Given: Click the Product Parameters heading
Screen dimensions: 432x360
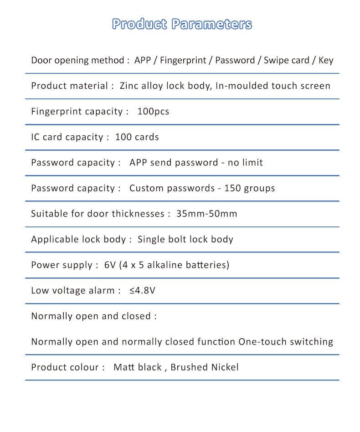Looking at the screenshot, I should pyautogui.click(x=182, y=24).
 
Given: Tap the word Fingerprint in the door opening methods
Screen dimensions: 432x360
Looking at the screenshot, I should pyautogui.click(x=184, y=61).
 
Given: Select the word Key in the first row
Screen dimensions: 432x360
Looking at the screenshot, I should pyautogui.click(x=326, y=61).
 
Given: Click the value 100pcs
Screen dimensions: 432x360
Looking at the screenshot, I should pyautogui.click(x=153, y=112).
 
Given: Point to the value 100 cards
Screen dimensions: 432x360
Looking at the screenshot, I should pyautogui.click(x=137, y=137).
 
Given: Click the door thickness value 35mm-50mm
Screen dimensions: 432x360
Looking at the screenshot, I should pyautogui.click(x=206, y=214).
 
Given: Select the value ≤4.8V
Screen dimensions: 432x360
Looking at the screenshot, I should pyautogui.click(x=142, y=290).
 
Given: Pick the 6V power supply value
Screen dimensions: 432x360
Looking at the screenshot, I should pyautogui.click(x=110, y=265).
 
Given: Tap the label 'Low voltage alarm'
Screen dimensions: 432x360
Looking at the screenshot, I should pyautogui.click(x=72, y=290).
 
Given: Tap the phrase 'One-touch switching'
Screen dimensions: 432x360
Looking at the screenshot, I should pyautogui.click(x=286, y=342).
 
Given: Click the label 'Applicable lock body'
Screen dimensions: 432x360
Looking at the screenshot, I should pyautogui.click(x=78, y=239).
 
